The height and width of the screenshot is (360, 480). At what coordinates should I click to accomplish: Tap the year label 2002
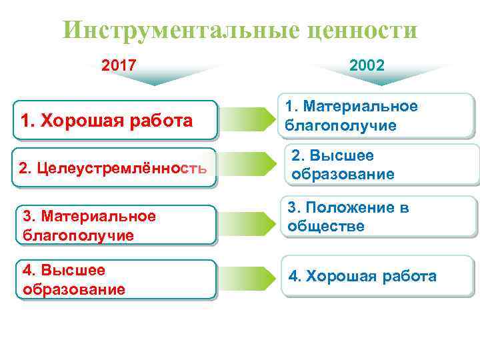click(366, 65)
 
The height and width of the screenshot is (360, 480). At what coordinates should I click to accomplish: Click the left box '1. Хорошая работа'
click(116, 121)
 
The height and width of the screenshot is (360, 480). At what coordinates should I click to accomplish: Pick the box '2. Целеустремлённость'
click(116, 167)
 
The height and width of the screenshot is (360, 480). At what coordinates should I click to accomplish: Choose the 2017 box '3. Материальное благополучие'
click(116, 225)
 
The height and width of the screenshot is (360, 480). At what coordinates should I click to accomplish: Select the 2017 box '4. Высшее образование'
click(116, 279)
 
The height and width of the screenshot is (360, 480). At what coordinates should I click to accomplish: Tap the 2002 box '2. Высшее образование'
click(383, 165)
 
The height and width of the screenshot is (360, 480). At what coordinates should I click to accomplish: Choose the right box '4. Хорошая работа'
click(378, 276)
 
